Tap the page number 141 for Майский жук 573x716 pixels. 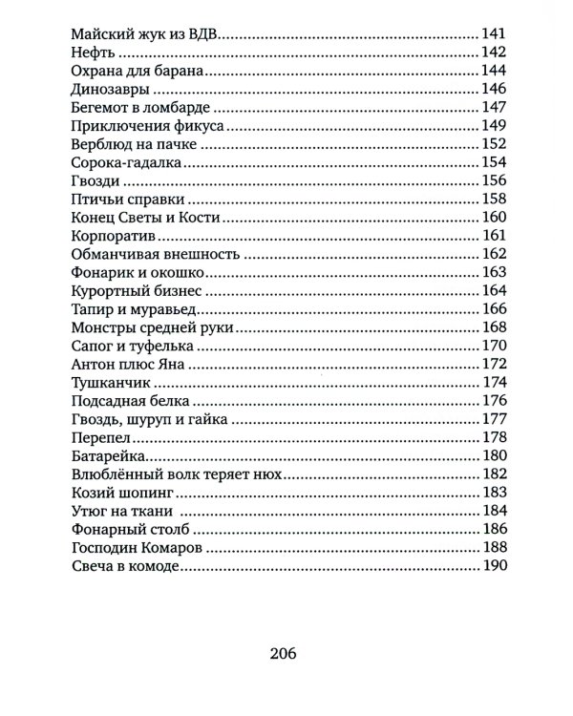tap(493, 34)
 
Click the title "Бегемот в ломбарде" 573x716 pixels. tap(139, 107)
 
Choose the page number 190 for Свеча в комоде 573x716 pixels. tap(493, 567)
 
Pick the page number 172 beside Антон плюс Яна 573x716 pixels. tap(493, 365)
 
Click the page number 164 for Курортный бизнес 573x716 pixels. tap(493, 291)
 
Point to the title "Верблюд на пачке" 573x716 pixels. tap(134, 144)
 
